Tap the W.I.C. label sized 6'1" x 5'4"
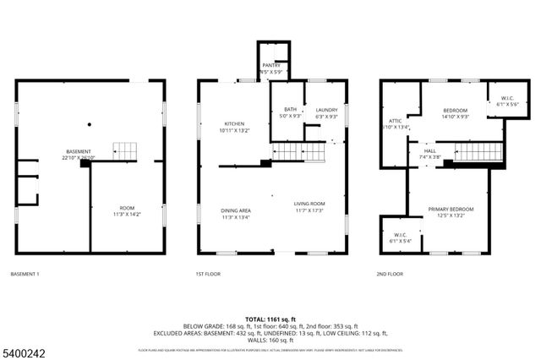click(401, 237)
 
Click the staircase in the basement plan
click(124, 151)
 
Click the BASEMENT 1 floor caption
click(25, 275)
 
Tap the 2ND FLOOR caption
click(390, 275)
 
